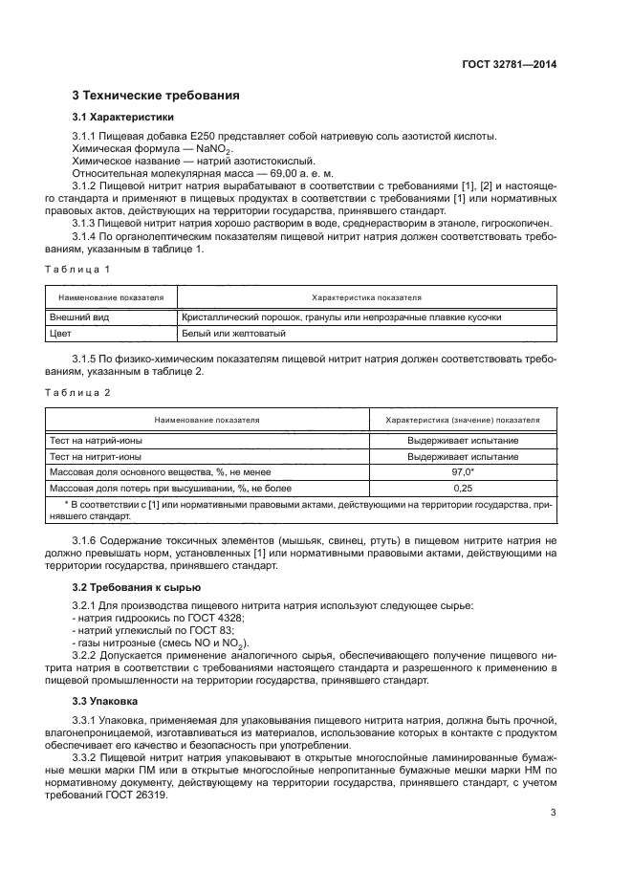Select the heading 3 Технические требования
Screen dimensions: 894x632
(149, 96)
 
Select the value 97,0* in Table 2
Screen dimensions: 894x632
(463, 472)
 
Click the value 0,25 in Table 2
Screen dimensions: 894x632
(463, 489)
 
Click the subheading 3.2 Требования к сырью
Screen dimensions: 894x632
(137, 585)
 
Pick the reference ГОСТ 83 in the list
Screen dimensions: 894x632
(190, 631)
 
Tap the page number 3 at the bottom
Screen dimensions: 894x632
(553, 813)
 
